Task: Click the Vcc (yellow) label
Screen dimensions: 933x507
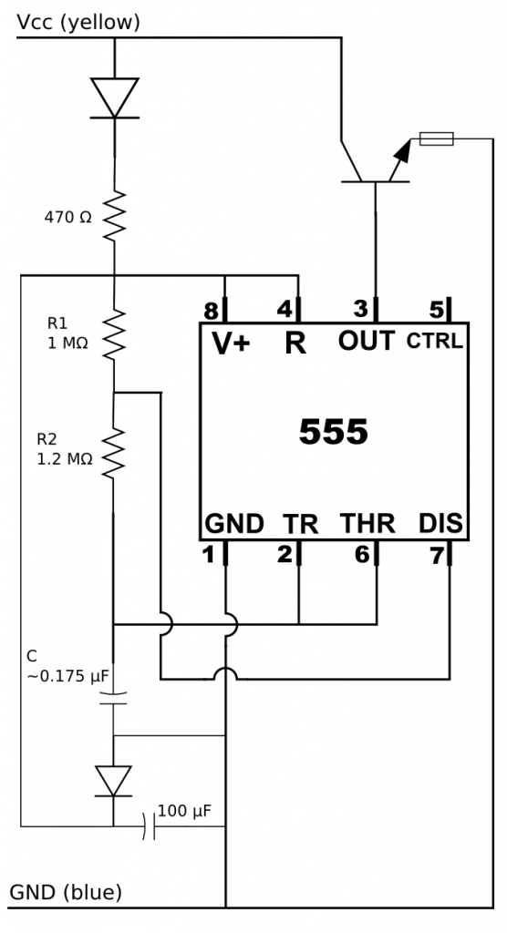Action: (78, 21)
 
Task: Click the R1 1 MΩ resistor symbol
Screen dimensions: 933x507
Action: (115, 333)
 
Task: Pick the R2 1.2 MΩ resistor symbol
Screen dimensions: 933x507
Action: (115, 453)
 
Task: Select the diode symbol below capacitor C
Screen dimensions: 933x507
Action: (113, 781)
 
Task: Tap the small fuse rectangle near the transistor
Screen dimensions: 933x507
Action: (436, 138)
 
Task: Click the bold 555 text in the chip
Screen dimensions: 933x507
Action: (334, 433)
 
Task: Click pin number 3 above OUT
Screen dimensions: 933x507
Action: (361, 307)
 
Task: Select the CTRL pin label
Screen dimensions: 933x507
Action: (435, 343)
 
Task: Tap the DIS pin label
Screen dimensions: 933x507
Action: (440, 524)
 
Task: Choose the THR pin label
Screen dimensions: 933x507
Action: (367, 524)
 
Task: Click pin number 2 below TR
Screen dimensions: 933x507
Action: (285, 554)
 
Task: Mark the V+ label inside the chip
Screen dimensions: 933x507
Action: (231, 343)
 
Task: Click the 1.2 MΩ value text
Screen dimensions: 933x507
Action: (65, 460)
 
